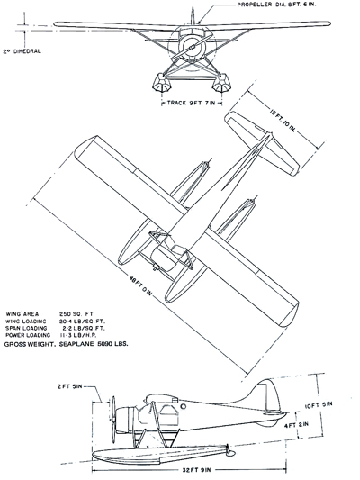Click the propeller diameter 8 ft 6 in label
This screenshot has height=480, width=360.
pos(276,5)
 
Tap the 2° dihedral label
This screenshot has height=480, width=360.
pos(22,51)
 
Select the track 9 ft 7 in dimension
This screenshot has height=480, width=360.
pos(192,104)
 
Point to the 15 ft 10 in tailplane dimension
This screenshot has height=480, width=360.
pos(283,120)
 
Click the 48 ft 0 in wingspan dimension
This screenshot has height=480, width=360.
pos(140,285)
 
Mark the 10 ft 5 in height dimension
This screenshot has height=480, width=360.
pos(318,405)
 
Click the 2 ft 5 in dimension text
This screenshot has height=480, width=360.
pos(69,386)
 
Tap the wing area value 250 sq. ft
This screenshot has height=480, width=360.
pos(76,314)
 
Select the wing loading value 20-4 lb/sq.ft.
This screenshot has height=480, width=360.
pos(82,322)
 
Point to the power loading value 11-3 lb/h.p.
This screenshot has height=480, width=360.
pos(78,335)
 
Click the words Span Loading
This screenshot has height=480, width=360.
pos(26,328)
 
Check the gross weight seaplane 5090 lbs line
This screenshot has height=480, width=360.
pos(66,344)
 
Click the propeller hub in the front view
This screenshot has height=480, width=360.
pos(192,48)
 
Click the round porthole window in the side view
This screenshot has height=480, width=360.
pos(184,406)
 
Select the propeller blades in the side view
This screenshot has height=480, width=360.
pos(113,420)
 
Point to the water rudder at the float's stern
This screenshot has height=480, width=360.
pos(229,451)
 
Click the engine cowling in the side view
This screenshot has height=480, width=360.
pos(126,420)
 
